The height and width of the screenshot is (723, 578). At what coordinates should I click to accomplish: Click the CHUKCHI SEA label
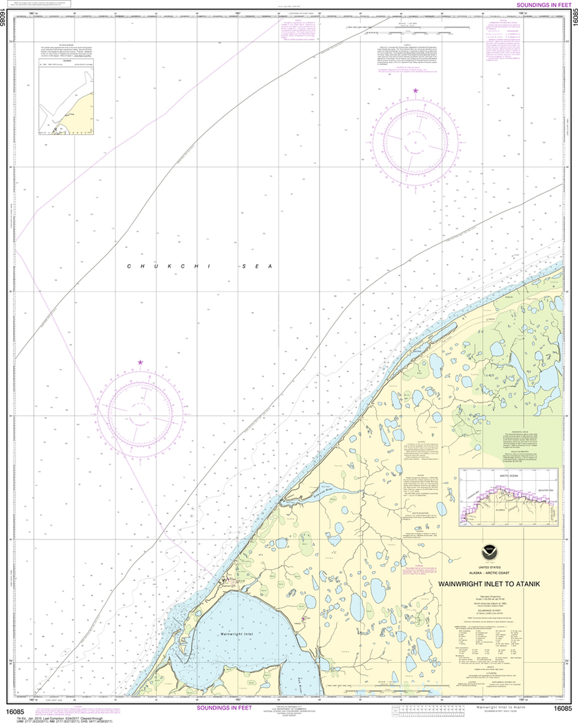click(199, 266)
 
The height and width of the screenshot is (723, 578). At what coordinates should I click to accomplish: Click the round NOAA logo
click(500, 547)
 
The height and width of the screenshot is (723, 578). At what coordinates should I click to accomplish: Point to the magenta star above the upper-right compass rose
click(416, 91)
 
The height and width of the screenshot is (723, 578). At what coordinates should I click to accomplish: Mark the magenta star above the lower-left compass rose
click(140, 362)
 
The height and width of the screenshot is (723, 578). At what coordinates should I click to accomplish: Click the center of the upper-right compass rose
click(416, 143)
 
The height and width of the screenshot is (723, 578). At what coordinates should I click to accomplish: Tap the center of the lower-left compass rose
click(136, 412)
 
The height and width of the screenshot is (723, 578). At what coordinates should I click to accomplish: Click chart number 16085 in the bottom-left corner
click(14, 709)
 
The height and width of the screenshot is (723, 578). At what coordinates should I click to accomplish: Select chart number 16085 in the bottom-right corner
click(563, 709)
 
